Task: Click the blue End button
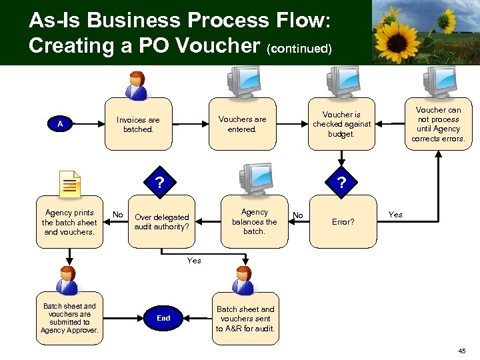(163, 319)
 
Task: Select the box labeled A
(60, 124)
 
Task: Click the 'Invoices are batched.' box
(138, 125)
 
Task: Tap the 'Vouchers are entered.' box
(242, 124)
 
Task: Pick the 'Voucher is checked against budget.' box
(341, 124)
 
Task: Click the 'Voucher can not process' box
(438, 124)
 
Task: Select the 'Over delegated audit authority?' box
(161, 221)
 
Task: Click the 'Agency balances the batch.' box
(254, 221)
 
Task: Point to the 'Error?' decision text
(343, 222)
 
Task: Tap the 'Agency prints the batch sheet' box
(69, 222)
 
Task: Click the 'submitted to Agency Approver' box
(69, 319)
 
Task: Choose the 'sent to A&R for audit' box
(245, 319)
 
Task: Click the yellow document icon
(69, 183)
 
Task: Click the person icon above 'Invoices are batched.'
(138, 85)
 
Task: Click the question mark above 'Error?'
(341, 182)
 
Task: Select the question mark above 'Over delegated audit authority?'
(159, 182)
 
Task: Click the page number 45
(462, 351)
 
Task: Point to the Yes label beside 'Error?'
(395, 215)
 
